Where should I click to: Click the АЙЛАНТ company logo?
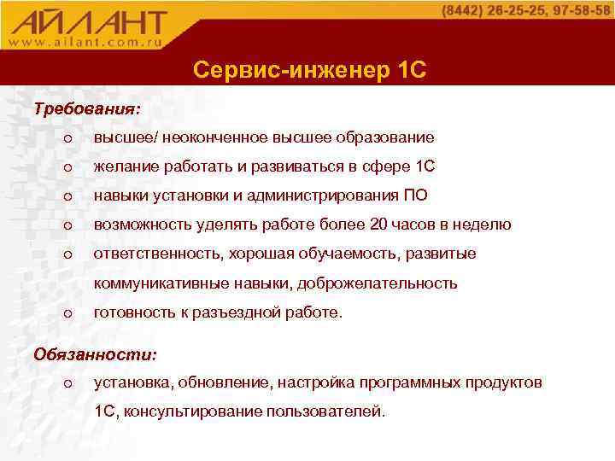[x=90, y=20]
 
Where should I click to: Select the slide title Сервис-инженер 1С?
[x=309, y=69]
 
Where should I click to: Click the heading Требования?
[x=86, y=109]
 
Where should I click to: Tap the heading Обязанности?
[x=94, y=353]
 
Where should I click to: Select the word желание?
[x=124, y=166]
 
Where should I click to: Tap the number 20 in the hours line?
[x=379, y=225]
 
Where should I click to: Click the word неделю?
[x=483, y=225]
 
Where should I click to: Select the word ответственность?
[x=157, y=254]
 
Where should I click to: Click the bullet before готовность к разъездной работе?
[x=67, y=313]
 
